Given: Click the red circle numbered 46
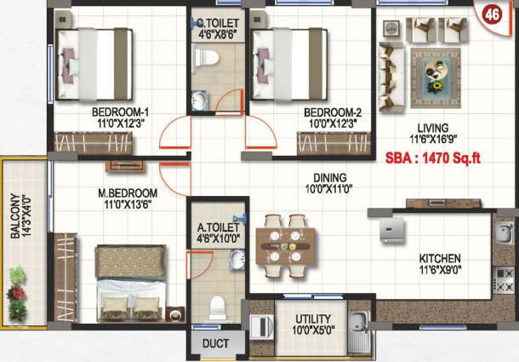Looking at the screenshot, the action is click(x=492, y=14).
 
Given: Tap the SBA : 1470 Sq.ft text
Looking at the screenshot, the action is click(x=433, y=158).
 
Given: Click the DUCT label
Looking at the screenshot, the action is click(x=215, y=343).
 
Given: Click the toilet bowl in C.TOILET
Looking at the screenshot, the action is click(x=206, y=58).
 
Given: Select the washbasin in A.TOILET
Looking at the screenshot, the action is click(x=237, y=258).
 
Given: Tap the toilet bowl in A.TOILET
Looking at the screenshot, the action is click(x=218, y=308).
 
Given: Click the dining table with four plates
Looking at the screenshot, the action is click(x=285, y=246).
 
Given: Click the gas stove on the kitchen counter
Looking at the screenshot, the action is click(x=504, y=280).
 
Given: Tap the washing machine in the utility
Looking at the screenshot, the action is click(x=262, y=327).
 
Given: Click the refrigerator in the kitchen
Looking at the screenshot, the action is click(x=392, y=229).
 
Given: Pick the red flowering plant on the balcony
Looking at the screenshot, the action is click(x=16, y=292).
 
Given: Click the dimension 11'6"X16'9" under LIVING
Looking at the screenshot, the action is click(x=433, y=140).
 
